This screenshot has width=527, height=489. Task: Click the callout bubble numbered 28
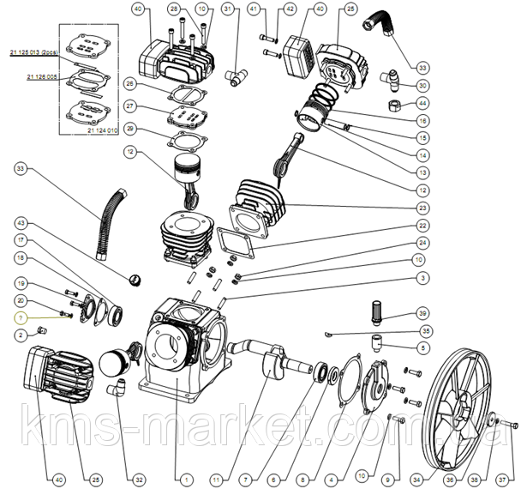tap(174, 9)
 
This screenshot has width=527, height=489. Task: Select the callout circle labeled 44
tap(422, 104)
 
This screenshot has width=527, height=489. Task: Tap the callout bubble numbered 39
tap(422, 312)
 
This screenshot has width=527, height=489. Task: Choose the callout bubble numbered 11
tap(216, 478)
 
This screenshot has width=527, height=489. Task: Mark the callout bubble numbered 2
tap(21, 335)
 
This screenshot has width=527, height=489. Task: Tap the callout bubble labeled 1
tap(186, 478)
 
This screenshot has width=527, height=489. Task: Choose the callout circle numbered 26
tap(129, 84)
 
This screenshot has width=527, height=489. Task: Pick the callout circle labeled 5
tap(422, 347)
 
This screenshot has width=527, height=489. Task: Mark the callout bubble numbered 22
tap(422, 226)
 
